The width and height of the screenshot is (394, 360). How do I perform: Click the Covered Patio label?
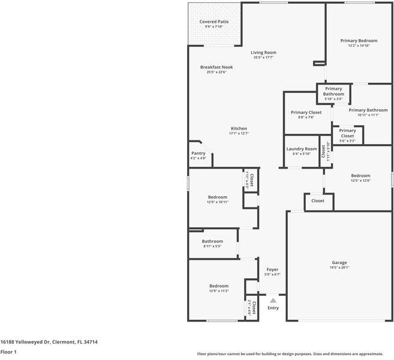click(213, 22)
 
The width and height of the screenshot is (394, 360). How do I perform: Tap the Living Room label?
click(263, 52)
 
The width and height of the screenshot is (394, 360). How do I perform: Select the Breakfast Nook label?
click(216, 67)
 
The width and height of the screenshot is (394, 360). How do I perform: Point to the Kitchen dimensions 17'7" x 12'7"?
click(239, 133)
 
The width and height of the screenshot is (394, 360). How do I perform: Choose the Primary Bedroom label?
click(359, 40)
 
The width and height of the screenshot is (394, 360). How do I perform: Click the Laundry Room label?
click(301, 149)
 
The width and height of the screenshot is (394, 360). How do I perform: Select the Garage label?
click(339, 262)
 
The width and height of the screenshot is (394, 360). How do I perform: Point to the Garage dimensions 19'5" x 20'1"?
click(339, 268)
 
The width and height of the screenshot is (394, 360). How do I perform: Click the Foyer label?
click(272, 269)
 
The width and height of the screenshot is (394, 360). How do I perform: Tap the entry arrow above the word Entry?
click(273, 300)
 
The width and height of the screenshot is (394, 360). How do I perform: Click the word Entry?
click(273, 308)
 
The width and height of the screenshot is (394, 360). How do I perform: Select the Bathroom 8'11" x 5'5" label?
click(212, 241)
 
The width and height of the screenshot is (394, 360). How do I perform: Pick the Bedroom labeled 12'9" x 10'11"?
click(218, 197)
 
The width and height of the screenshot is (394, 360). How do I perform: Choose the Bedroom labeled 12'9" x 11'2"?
click(218, 286)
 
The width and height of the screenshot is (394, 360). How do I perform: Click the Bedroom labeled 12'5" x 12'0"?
click(360, 176)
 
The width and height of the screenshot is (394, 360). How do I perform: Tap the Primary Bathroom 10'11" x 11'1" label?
click(368, 110)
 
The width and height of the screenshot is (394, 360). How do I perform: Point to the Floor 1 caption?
click(8, 352)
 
